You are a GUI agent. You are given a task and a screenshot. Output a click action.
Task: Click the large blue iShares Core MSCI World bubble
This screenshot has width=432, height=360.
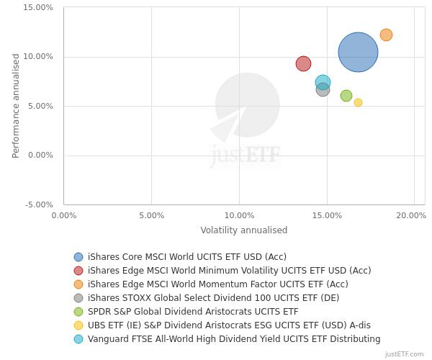coord(358,52)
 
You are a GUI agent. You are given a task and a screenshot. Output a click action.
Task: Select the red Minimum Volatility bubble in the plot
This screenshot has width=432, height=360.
coord(303,63)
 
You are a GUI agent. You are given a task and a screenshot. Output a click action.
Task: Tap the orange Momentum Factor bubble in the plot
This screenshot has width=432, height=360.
coord(386,35)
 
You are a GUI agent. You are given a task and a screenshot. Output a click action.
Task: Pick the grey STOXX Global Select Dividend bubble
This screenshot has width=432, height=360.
coord(323,90)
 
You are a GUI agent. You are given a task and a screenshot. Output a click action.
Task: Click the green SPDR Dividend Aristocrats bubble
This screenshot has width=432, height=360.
coord(346,96)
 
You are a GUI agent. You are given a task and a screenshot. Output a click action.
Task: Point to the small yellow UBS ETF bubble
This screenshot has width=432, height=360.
coord(358,102)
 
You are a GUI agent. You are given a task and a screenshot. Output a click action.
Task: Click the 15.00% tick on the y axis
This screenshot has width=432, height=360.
coord(39,8)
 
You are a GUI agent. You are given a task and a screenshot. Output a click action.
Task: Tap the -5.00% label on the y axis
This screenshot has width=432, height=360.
coord(39,205)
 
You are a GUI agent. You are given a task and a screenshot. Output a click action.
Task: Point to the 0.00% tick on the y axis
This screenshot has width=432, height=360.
coord(40,156)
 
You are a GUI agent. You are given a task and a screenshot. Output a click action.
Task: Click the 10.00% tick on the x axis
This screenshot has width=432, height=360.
coord(239,215)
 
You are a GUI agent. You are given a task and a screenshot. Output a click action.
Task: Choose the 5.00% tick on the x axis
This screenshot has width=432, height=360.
coord(151,215)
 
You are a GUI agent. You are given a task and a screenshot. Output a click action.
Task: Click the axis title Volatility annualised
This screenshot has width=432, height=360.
coord(243,230)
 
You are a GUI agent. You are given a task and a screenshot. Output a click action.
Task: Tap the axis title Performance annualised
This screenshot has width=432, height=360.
coord(16,106)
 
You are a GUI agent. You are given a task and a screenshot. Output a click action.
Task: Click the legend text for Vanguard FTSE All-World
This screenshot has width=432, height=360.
coord(234,339)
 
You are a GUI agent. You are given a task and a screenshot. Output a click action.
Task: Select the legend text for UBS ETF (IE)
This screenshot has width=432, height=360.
coord(224,325)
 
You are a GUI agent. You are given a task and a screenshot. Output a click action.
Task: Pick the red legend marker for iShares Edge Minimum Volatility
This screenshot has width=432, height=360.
coord(78,271)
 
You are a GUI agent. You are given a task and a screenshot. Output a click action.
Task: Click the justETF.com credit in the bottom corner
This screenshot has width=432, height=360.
coord(404,354)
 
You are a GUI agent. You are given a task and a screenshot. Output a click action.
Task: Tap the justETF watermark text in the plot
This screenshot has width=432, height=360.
coord(245,155)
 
